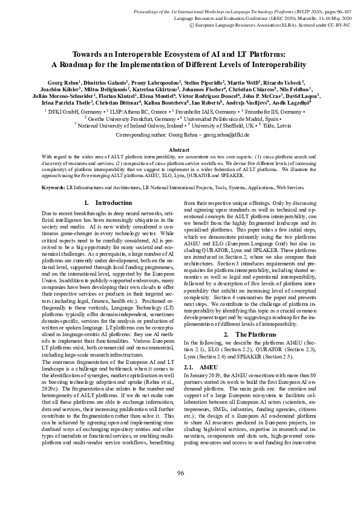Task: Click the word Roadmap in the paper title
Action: (81, 64)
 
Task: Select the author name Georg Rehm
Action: (62, 81)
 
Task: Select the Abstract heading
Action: (180, 149)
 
